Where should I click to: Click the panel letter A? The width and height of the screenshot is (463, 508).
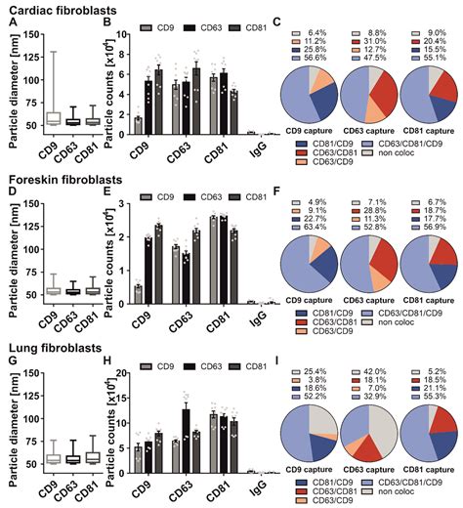click(9, 22)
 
